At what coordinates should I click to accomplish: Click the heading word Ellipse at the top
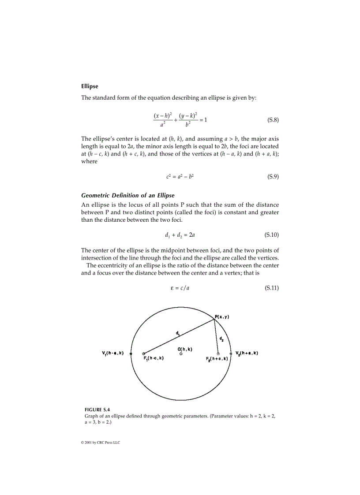pos(90,86)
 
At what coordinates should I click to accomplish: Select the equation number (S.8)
pos(273,120)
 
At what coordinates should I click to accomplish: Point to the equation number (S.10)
pos(271,235)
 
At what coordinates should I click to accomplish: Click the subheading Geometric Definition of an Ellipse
pos(128,195)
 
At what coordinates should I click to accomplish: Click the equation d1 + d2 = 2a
pos(180,235)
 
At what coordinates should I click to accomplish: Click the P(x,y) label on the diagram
pos(222,316)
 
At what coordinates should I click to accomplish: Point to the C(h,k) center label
pos(184,349)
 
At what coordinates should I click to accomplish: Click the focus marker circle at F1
pos(144,354)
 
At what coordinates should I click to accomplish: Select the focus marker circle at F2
pos(218,354)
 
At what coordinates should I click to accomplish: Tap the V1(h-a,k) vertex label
pos(112,353)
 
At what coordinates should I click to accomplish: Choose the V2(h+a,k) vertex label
pos(247,353)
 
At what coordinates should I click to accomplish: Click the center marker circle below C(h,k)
pos(181,354)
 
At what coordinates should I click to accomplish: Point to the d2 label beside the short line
pos(221,339)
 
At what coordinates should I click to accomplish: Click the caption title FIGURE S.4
pos(97,409)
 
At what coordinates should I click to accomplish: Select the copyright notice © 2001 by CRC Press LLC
pos(97,443)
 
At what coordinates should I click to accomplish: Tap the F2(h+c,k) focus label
pos(217,359)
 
